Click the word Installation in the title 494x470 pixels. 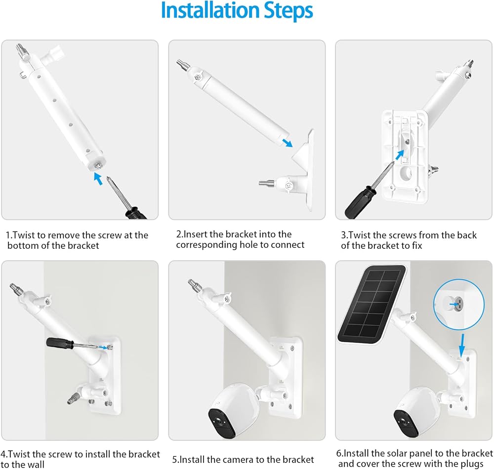tap(210, 10)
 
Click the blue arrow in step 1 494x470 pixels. tap(98, 179)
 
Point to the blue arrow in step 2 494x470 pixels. tap(287, 143)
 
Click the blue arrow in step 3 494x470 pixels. tap(400, 155)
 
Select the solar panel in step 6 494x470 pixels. tap(372, 305)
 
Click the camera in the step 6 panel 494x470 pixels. tap(415, 412)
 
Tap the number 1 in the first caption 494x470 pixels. tap(8, 235)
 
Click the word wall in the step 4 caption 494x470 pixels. tap(35, 465)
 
